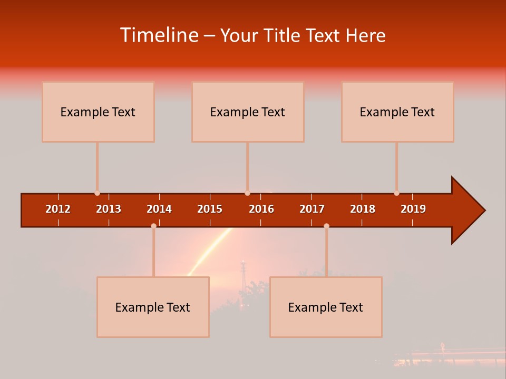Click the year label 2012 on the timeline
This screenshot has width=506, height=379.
58,209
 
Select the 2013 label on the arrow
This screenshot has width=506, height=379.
109,209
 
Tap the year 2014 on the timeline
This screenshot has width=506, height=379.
159,209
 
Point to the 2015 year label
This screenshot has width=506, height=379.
210,209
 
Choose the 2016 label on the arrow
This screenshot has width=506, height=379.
261,209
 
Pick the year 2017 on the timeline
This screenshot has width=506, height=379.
312,209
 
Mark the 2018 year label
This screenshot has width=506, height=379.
363,209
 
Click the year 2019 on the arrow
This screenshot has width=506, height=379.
413,209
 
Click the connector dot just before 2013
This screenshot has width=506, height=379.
97,193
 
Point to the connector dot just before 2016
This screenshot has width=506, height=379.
247,193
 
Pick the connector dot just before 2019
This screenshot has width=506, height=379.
396,193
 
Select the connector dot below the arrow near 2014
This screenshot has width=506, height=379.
153,226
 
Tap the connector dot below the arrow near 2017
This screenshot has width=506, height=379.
326,226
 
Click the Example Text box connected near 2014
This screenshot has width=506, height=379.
153,307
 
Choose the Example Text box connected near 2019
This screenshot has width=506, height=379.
397,112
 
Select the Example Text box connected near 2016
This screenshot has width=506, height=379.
247,112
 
